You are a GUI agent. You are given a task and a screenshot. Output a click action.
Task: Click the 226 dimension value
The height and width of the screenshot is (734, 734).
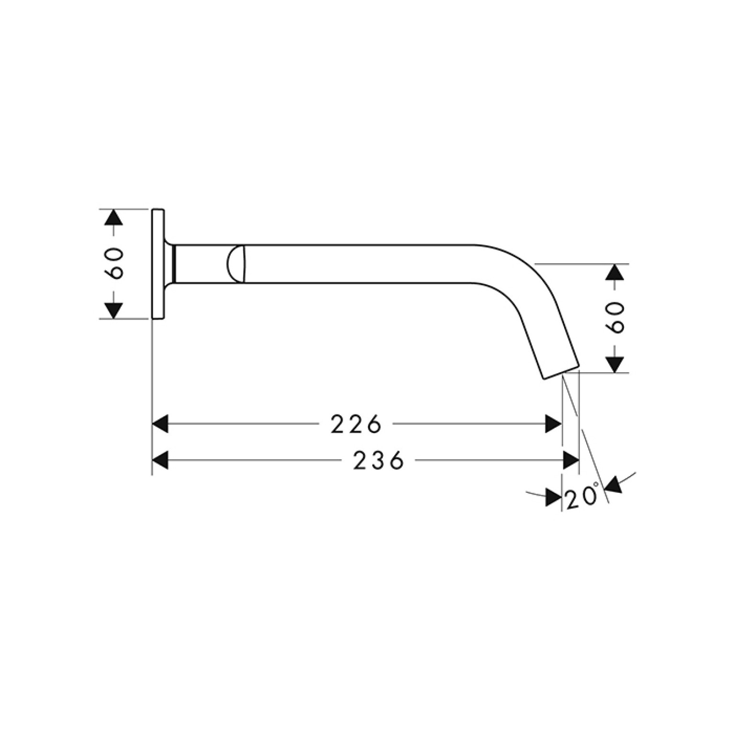coord(356,424)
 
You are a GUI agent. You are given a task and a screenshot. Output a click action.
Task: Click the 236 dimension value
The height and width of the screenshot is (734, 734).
coord(379,461)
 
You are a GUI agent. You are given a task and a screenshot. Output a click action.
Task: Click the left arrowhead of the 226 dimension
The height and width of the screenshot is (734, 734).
coord(160,424)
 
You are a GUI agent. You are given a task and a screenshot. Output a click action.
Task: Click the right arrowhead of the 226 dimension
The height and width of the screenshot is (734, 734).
coord(554,424)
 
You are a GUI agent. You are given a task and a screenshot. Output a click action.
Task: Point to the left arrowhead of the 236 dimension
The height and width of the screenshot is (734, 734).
coord(160,461)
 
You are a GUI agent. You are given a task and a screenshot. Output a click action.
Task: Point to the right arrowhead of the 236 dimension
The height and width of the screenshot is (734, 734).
coord(571,461)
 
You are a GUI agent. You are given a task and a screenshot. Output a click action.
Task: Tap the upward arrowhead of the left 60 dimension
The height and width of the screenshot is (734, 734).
coord(113,217)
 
